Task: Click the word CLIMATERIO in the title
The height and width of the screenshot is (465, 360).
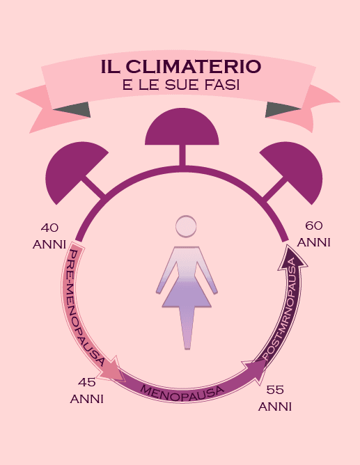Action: (194, 66)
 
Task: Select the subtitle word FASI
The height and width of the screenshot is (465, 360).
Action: (222, 85)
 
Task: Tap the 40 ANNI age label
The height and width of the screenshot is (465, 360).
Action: (49, 237)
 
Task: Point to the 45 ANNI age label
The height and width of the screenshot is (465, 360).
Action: (86, 391)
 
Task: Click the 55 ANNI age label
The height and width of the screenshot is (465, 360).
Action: (275, 398)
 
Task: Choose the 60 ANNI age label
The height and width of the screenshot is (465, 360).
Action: (314, 234)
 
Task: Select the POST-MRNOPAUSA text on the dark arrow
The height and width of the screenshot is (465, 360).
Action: (282, 308)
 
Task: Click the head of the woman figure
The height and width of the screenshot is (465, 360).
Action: (186, 226)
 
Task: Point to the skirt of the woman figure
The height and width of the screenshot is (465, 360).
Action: (187, 294)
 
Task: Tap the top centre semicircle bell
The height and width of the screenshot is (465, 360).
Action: (182, 127)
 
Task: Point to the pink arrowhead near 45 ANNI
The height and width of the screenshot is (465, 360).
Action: (111, 369)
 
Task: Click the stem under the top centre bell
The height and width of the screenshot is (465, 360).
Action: (182, 155)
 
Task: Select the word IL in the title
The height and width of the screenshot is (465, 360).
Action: (111, 66)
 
